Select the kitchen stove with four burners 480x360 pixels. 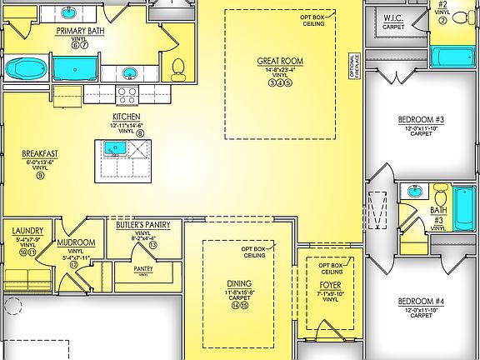pos(128,94)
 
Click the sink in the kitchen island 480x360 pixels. pos(114,149)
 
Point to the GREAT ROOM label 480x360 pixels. pos(279,61)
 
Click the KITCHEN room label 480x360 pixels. pos(126,117)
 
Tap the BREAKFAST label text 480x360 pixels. pos(40,153)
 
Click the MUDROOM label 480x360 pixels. pos(76,242)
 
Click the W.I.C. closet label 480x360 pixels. pos(394,18)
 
